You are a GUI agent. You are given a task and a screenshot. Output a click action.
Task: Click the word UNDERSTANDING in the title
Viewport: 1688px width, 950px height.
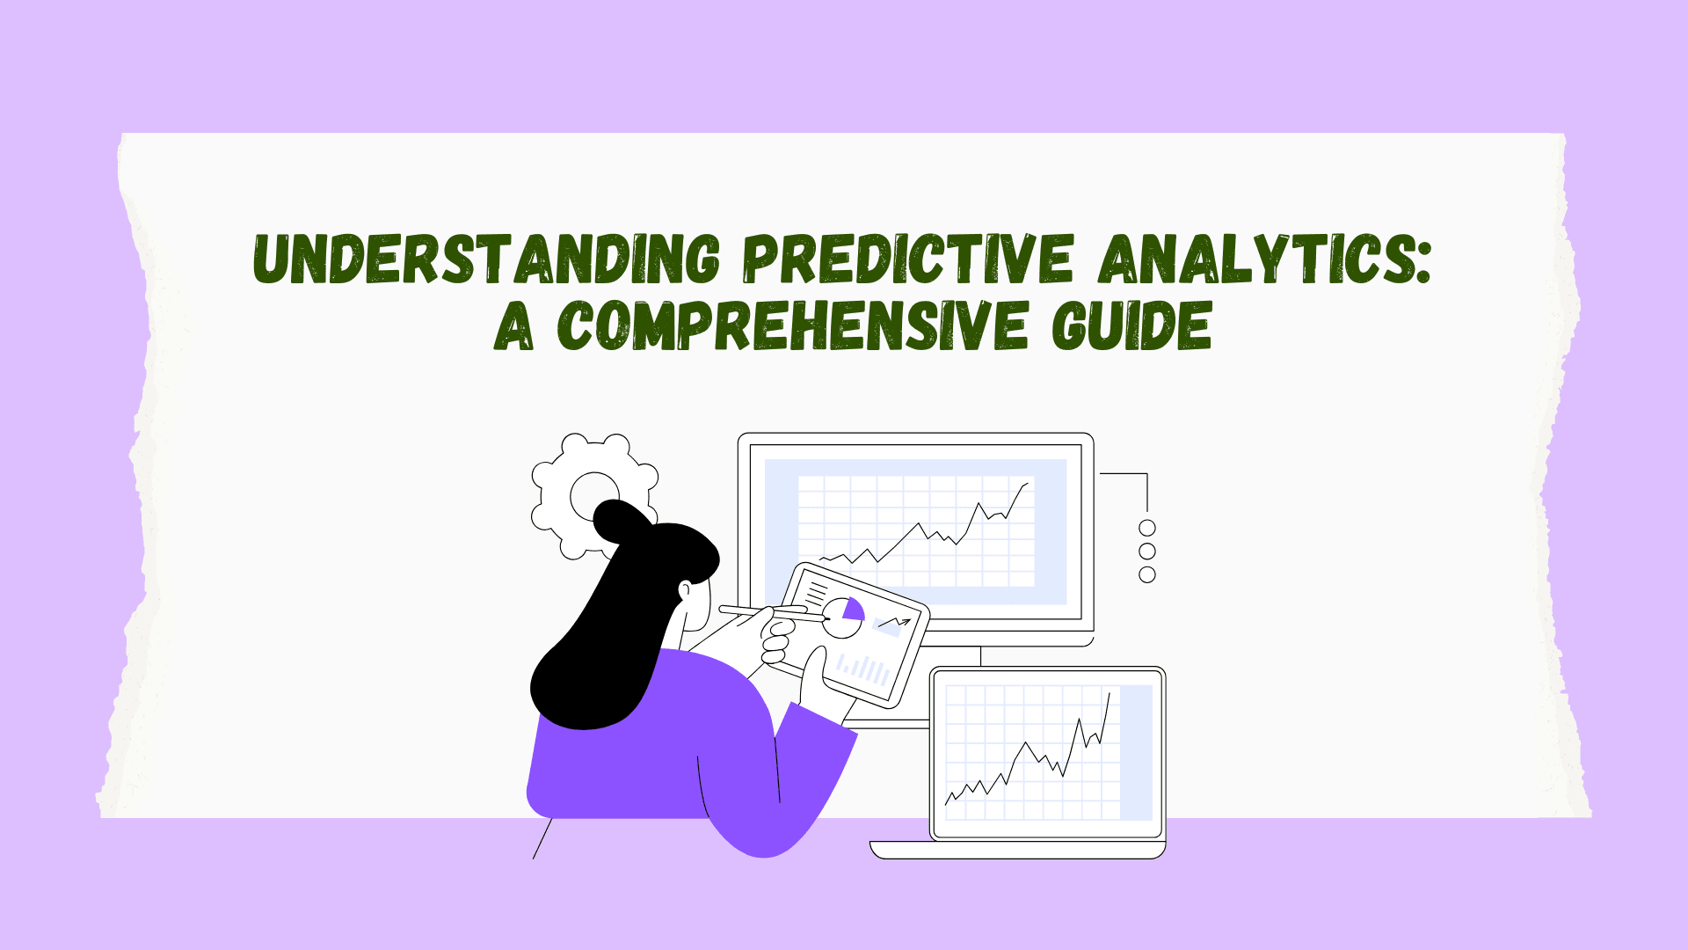pyautogui.click(x=487, y=259)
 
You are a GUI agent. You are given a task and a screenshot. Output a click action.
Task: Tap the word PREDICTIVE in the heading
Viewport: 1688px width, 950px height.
pyautogui.click(x=908, y=259)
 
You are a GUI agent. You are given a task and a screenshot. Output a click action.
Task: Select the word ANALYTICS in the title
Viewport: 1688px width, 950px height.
pyautogui.click(x=1253, y=259)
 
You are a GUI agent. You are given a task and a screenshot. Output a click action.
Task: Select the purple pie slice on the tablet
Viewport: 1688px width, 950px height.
pyautogui.click(x=854, y=610)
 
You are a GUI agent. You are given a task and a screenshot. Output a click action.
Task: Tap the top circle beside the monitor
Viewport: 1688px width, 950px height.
pyautogui.click(x=1147, y=528)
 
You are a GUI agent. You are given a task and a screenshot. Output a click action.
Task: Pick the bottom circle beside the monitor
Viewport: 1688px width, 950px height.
pyautogui.click(x=1147, y=574)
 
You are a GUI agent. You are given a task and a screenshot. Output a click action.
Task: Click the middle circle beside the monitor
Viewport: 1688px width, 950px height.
pyautogui.click(x=1147, y=551)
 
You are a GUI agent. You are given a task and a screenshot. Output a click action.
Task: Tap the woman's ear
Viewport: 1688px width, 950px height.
pyautogui.click(x=685, y=591)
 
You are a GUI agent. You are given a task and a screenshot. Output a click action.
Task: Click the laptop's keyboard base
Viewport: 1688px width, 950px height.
pyautogui.click(x=1017, y=850)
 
